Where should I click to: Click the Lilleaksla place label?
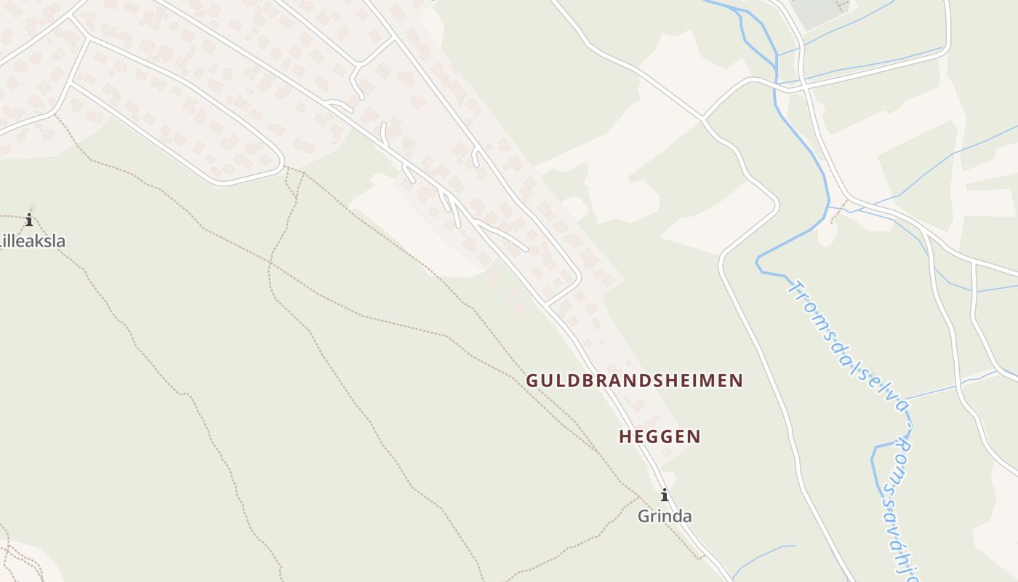[x=33, y=241]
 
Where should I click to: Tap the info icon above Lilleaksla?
[x=29, y=220]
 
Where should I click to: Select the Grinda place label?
[x=664, y=516]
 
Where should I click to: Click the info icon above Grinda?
[x=664, y=496]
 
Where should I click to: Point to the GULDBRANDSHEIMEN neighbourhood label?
[x=634, y=380]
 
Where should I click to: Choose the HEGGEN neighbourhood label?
[x=660, y=436]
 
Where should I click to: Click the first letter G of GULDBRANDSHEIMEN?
[x=532, y=380]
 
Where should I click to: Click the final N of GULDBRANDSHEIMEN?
[x=737, y=380]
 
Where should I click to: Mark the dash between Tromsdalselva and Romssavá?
[x=906, y=425]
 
